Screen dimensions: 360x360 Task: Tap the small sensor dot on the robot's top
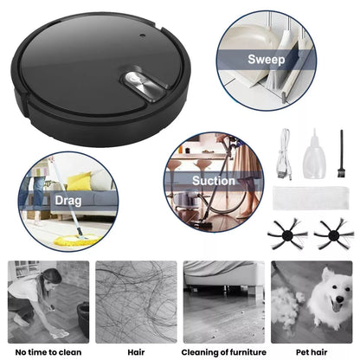point(142,35)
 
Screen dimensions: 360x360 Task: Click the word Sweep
point(267,60)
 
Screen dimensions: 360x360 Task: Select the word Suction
point(214,181)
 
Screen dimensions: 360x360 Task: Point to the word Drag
point(68,201)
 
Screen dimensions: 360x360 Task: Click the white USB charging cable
point(285,153)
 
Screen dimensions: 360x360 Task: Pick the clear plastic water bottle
point(314,155)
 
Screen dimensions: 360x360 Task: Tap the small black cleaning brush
point(341,153)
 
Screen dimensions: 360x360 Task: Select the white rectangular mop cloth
point(311,198)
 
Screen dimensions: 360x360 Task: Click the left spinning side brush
point(286,235)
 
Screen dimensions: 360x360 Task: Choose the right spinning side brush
point(333,235)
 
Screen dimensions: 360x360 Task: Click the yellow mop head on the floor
point(78,239)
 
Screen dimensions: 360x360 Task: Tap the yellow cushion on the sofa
point(80,182)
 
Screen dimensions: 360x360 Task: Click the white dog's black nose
point(340,299)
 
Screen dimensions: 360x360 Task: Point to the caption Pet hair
point(312,352)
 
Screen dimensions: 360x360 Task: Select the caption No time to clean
point(48,352)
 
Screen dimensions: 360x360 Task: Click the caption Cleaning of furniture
point(224,352)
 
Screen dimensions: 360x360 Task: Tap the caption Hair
point(136,352)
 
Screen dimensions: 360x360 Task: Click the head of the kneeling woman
point(51,277)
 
